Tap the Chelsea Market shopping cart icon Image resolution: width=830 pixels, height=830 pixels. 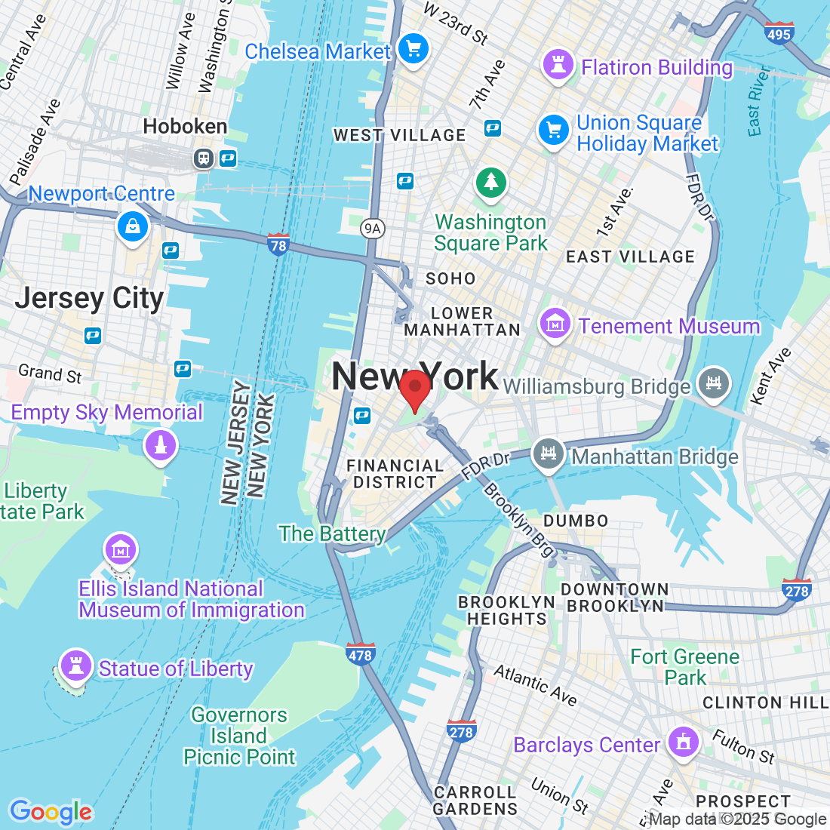point(413,50)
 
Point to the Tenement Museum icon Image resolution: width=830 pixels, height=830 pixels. point(555,324)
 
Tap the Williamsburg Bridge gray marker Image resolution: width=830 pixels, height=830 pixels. point(713,382)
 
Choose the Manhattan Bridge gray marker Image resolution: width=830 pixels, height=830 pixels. point(549,454)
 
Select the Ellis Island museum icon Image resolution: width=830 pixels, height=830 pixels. point(121,550)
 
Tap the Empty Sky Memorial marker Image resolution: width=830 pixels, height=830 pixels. point(161,445)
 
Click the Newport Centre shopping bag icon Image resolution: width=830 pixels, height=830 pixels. point(133,226)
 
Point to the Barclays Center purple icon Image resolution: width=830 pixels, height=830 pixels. point(684,742)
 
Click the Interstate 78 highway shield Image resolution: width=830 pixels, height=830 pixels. point(278,245)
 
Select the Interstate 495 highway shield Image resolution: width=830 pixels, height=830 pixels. point(778,33)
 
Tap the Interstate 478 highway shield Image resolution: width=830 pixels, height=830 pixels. point(360,655)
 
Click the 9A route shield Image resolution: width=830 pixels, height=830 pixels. point(372,229)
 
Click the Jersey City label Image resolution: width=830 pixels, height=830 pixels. point(89,299)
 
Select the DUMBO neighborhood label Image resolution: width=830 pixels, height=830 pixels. point(576,521)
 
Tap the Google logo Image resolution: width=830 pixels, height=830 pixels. point(51,812)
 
